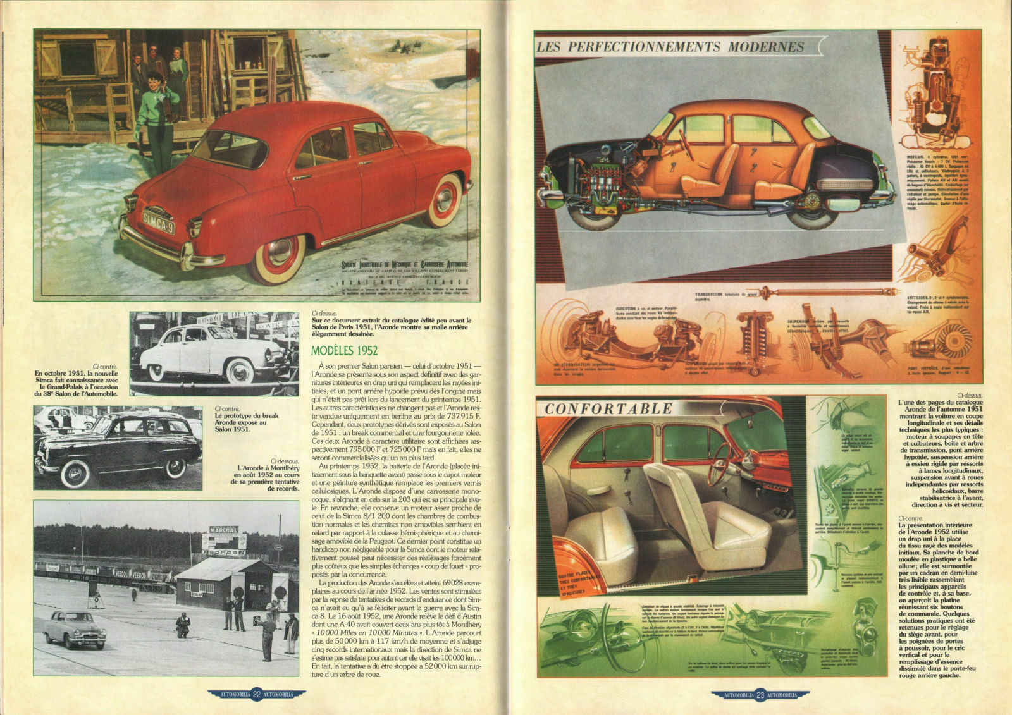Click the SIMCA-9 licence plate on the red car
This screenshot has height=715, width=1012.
(158, 220)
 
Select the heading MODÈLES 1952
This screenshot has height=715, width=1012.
(345, 351)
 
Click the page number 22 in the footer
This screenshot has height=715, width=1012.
(257, 695)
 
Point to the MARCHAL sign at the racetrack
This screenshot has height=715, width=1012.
(224, 530)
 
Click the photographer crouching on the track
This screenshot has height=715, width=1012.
(183, 625)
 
